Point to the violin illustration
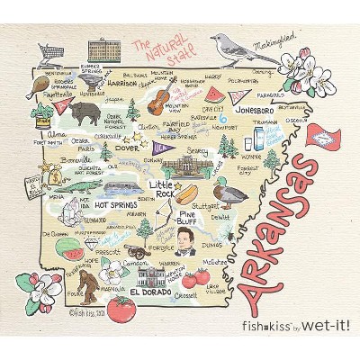[161, 94]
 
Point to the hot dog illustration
[187, 193]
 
